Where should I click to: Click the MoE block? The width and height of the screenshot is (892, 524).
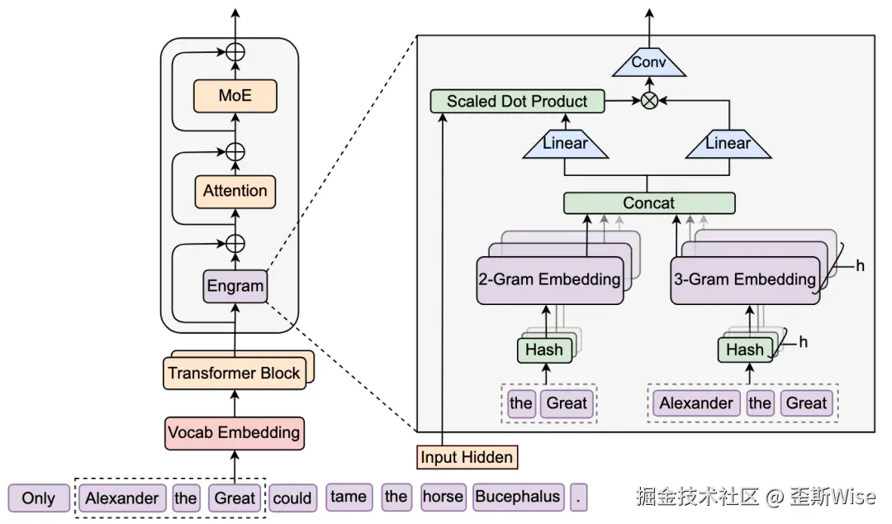coord(235,96)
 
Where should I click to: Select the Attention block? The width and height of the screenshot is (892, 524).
coord(235,191)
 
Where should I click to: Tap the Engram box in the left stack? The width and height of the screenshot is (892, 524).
coord(235,287)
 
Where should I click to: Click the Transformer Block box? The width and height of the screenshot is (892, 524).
coord(234,373)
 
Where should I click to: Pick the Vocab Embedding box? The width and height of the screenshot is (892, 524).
coord(234,432)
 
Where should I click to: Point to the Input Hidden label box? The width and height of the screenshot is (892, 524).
coord(467,457)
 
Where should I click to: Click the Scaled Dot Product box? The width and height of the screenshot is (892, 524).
coord(517,102)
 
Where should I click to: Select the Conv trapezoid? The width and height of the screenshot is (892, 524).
coord(648,63)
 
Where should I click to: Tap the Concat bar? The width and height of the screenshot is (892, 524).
coord(648,202)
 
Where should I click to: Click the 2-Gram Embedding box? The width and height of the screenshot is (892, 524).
coord(549,279)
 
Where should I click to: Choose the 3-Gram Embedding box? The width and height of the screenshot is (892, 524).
coord(744,279)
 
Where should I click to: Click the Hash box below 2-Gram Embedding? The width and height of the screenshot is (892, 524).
coord(543,350)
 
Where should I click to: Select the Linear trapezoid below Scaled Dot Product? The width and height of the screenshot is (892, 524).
coord(565,144)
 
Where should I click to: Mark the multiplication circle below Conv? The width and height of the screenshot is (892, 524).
coord(648,101)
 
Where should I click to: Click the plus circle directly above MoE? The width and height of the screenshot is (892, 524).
coord(235,52)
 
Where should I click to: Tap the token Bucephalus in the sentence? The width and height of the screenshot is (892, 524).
coord(518,497)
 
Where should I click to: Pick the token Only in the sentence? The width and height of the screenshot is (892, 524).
coord(39,498)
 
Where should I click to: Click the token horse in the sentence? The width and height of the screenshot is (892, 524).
coord(443,497)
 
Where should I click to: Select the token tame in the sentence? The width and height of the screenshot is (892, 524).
coord(348,497)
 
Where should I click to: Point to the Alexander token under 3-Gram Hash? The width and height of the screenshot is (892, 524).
coord(695,403)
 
